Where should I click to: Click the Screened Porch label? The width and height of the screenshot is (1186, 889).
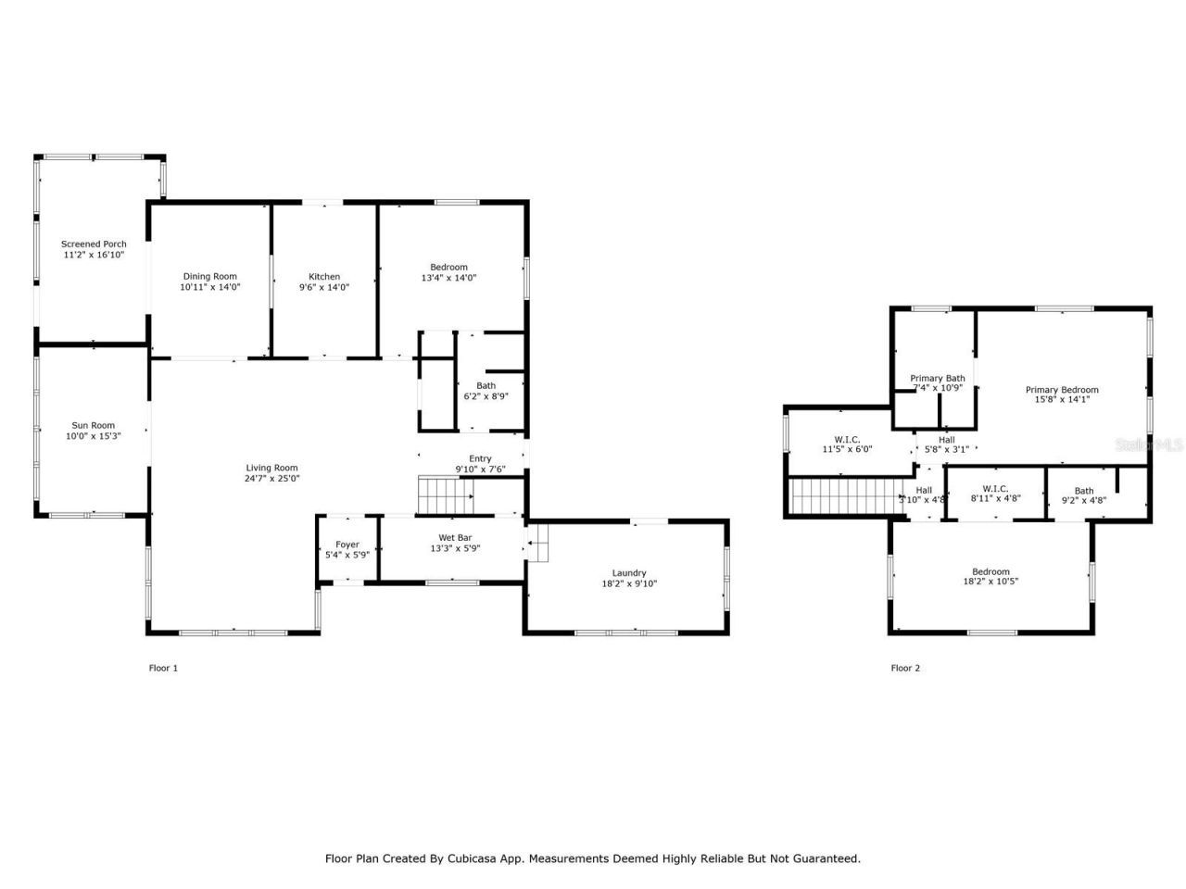tap(94, 244)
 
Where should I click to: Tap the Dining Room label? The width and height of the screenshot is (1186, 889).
tap(209, 276)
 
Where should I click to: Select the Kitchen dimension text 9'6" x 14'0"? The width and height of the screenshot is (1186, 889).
tap(323, 288)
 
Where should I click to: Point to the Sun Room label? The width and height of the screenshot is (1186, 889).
tap(93, 426)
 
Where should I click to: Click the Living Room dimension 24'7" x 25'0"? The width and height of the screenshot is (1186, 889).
tap(272, 479)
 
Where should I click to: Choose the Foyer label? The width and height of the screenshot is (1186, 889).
tap(347, 545)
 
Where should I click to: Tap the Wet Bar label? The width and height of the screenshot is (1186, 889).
tap(454, 537)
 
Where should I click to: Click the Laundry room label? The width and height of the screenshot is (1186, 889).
tap(629, 572)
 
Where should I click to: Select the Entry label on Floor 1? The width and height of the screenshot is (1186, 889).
tap(480, 458)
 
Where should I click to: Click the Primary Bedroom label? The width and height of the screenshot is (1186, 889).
tap(1061, 390)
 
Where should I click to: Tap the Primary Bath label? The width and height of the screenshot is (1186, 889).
tap(937, 378)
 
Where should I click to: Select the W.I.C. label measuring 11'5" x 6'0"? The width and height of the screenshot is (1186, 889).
tap(847, 439)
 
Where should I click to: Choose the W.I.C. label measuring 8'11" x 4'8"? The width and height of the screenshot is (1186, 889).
tap(995, 489)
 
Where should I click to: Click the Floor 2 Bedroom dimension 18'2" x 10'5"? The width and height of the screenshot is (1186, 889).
tap(990, 582)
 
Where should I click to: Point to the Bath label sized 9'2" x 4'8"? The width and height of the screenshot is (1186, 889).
tap(1083, 491)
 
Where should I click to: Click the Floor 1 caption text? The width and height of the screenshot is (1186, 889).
tap(163, 668)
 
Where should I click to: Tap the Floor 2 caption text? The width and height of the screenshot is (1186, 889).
tap(905, 668)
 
